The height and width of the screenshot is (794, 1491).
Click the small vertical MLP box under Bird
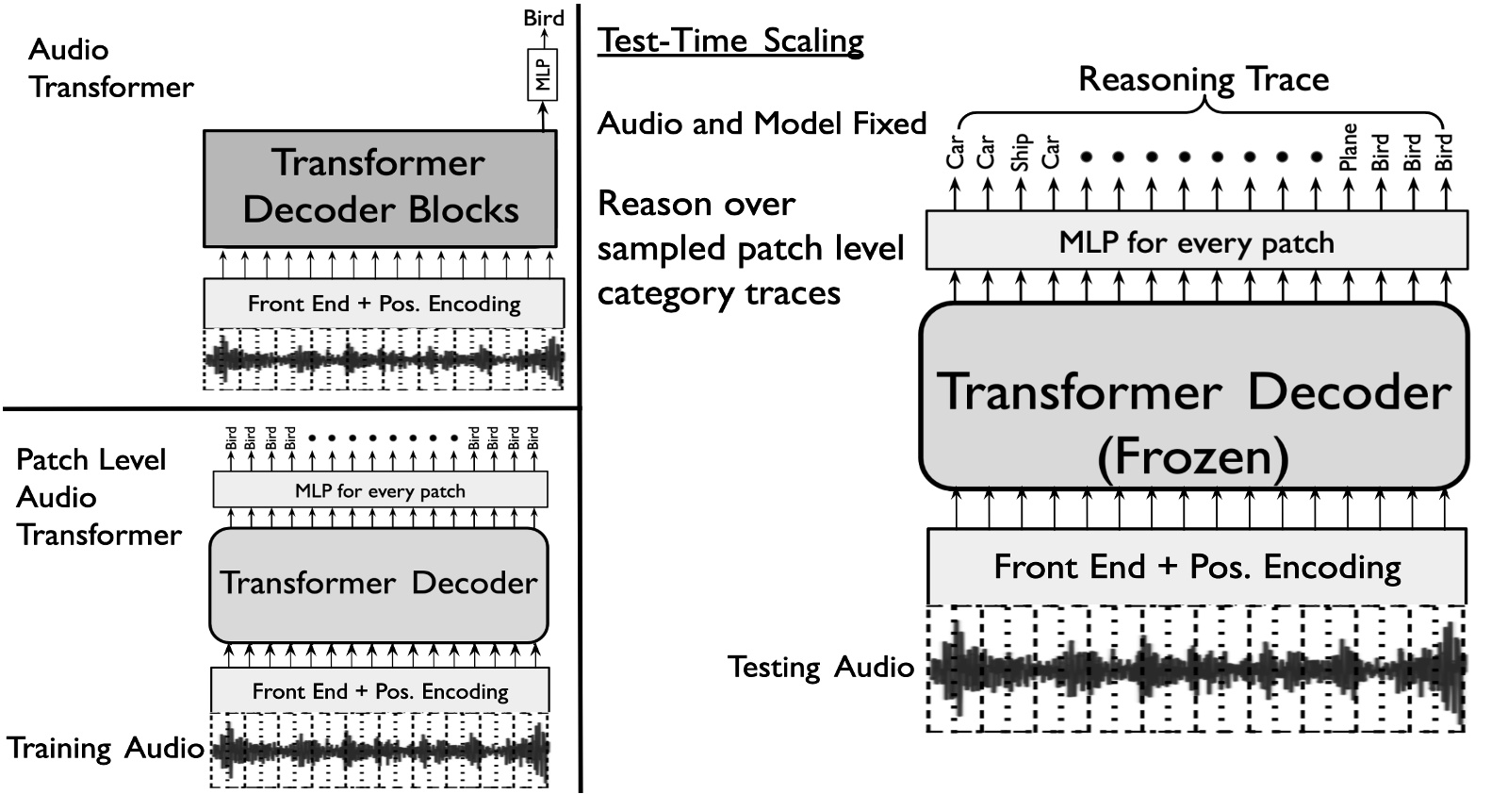(542, 74)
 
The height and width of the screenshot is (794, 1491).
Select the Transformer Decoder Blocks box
(380, 188)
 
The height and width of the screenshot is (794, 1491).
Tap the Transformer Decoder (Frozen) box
(1194, 396)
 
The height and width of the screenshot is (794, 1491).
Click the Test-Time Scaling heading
(730, 41)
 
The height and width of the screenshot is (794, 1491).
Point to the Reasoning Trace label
(1204, 78)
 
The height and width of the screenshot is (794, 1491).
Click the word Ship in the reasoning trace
(1020, 152)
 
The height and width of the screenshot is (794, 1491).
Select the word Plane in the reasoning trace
(1349, 147)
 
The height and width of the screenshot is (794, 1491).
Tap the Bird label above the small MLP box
(544, 18)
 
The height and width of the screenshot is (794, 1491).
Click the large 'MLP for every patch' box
(1196, 241)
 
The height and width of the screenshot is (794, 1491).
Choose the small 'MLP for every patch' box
(380, 490)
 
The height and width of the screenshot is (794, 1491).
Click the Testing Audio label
(821, 667)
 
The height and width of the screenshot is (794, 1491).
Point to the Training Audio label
(106, 748)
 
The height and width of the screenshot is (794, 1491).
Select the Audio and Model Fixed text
(762, 123)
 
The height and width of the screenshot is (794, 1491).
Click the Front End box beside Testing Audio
(1196, 566)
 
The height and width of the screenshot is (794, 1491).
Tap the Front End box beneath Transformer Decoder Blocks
(384, 303)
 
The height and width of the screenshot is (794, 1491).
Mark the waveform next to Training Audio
(379, 751)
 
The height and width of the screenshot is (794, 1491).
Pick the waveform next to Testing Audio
(1196, 669)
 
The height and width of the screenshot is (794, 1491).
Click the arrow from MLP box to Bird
(542, 116)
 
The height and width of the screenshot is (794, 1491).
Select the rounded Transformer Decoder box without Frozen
(378, 584)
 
